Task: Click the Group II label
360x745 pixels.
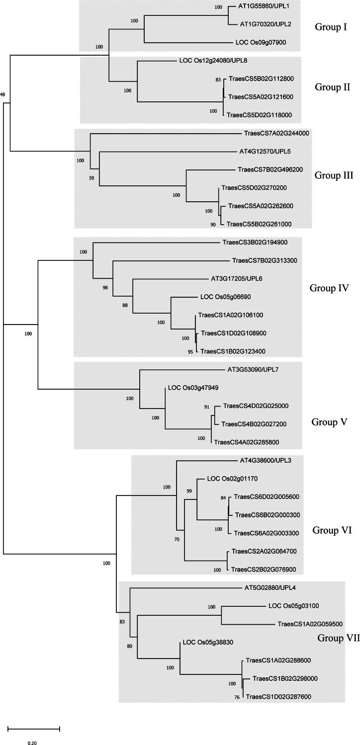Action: [333, 87]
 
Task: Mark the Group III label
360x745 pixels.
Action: [334, 175]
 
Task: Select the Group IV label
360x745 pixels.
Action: [329, 288]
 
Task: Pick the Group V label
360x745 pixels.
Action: [329, 422]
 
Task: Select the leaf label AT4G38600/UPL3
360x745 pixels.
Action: [265, 460]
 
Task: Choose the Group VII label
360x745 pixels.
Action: [333, 638]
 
